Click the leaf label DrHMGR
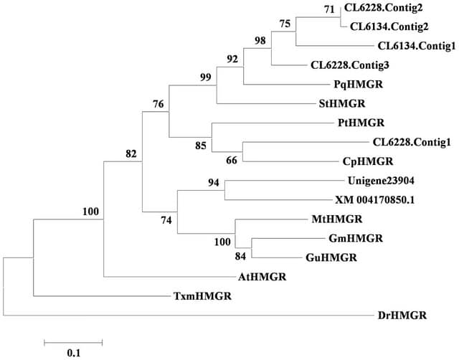pos(402,316)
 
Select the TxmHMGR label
pos(202,296)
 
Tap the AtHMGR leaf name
pos(262,277)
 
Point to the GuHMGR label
pos(331,257)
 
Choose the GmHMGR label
pos(356,238)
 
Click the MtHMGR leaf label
pos(337,219)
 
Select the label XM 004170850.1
pos(375,200)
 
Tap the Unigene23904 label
pos(381,181)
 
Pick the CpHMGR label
pos(368,161)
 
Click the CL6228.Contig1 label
pos(412,142)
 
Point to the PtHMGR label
pos(361,123)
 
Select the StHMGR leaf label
pos(342,103)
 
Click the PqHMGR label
pos(359,85)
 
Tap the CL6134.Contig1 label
pos(417,46)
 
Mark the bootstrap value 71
pos(329,9)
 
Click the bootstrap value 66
pos(232,161)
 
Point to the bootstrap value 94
pos(214,183)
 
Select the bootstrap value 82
pos(131,153)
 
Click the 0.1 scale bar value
pos(73,353)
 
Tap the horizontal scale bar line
pos(73,343)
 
